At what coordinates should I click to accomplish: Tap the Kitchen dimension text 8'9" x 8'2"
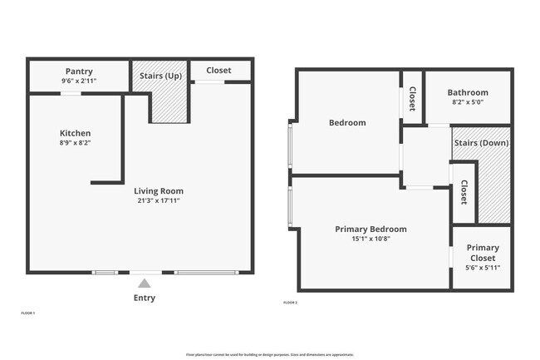[x=75, y=143]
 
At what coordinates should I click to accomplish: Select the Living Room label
[x=159, y=190]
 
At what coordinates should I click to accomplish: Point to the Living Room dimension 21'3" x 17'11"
[x=159, y=200]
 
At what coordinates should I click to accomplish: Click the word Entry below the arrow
[x=145, y=298]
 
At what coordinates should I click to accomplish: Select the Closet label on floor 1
[x=218, y=71]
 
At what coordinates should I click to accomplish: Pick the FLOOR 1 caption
[x=27, y=313]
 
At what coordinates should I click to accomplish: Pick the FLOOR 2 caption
[x=290, y=302]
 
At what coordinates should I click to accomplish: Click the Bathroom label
[x=468, y=92]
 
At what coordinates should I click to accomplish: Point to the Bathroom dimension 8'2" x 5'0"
[x=468, y=102]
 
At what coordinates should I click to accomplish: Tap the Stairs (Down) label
[x=481, y=142]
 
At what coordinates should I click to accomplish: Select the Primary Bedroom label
[x=371, y=229]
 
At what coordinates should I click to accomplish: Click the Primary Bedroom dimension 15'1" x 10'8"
[x=371, y=239]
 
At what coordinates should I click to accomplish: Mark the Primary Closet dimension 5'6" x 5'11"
[x=482, y=268]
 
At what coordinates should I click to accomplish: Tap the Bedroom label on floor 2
[x=347, y=123]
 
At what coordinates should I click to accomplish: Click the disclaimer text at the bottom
[x=270, y=354]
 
